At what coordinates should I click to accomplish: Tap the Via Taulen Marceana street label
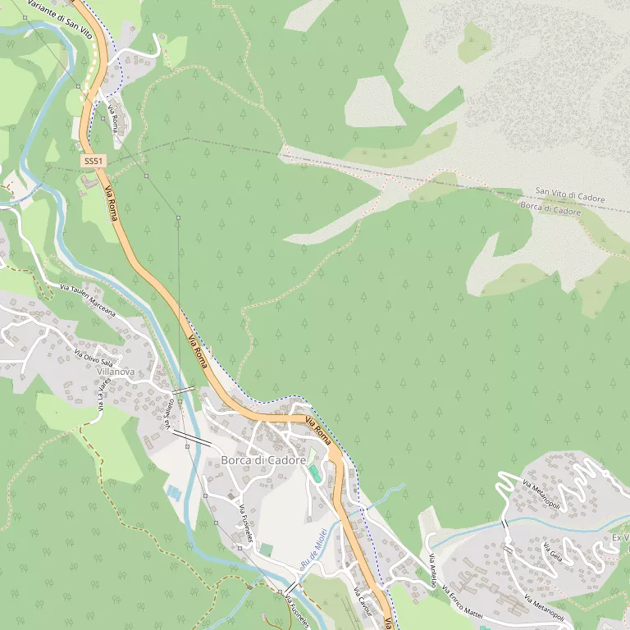point(88,300)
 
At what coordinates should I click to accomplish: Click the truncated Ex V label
point(620,538)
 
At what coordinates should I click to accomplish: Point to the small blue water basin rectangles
point(174,492)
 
